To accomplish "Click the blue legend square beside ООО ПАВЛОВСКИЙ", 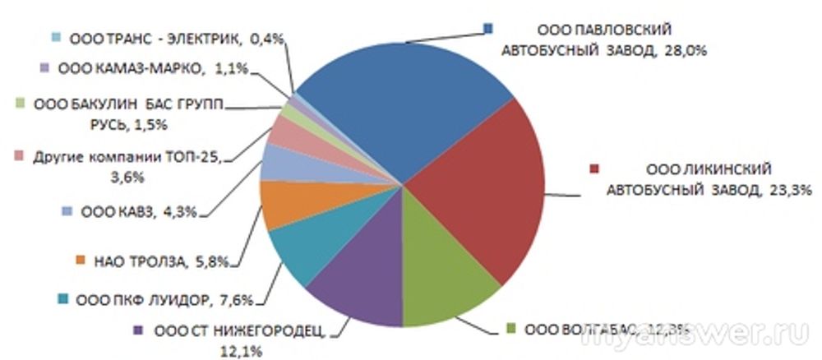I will point(487,28).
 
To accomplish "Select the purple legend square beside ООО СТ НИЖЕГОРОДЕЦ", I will point(137,331).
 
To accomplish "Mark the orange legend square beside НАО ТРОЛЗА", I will point(81,262).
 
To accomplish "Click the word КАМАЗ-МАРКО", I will point(131,69).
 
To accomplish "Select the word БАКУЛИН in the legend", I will point(106,105).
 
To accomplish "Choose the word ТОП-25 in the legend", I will point(197,158).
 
